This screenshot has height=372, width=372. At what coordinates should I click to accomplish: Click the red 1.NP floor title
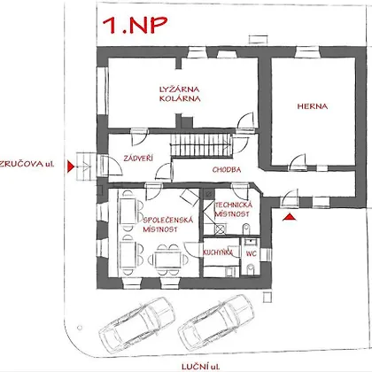click(135, 25)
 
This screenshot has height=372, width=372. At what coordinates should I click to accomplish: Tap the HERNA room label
click(313, 106)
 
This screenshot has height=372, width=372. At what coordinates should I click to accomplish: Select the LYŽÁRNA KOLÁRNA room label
click(180, 94)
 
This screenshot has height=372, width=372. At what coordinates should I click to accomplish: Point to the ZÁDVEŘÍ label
click(138, 159)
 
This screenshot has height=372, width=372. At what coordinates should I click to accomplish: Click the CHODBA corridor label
click(227, 169)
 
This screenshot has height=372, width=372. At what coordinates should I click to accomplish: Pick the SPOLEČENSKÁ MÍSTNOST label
click(168, 224)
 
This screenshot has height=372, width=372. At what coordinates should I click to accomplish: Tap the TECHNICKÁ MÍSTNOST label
click(233, 209)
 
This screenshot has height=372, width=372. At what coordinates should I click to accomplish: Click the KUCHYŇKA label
click(218, 252)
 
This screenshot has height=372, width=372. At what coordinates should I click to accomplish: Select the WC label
click(251, 253)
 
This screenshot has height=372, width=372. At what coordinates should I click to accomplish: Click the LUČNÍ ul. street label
click(200, 367)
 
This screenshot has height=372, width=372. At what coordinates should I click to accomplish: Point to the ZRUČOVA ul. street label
click(27, 164)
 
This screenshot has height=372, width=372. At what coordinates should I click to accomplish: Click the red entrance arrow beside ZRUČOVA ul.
click(70, 167)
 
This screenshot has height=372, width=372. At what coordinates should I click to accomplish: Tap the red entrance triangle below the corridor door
click(289, 217)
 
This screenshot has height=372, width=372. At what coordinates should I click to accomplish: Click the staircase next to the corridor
click(200, 145)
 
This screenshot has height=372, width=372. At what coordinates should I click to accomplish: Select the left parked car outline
click(137, 324)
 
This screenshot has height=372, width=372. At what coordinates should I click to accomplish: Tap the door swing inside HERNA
click(298, 162)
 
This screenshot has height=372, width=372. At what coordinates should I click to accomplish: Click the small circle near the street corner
click(79, 328)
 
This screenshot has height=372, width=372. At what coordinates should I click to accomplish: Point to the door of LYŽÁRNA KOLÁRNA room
click(245, 121)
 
